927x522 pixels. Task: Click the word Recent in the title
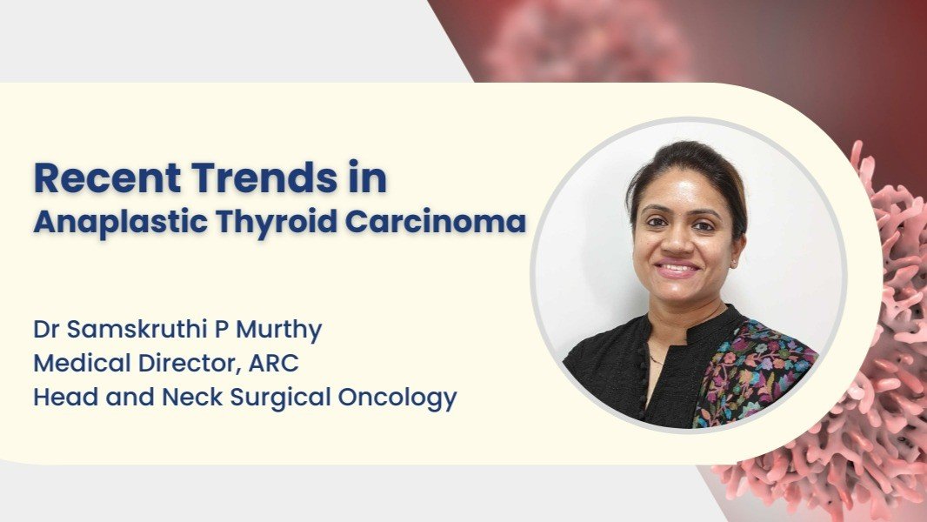[x=108, y=177]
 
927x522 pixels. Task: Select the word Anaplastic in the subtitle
[x=121, y=223]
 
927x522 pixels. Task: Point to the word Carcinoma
[x=436, y=222]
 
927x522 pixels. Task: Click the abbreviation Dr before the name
[x=46, y=329]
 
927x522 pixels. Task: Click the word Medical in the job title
[x=82, y=363]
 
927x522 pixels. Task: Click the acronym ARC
[x=274, y=363]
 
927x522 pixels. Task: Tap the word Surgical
[x=280, y=398]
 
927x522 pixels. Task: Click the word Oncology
[x=397, y=398]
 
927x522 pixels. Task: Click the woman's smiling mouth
[x=677, y=269]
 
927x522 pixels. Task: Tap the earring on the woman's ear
[x=734, y=261]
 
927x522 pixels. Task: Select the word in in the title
[x=367, y=177]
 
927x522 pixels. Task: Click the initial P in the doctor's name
[x=221, y=329]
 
